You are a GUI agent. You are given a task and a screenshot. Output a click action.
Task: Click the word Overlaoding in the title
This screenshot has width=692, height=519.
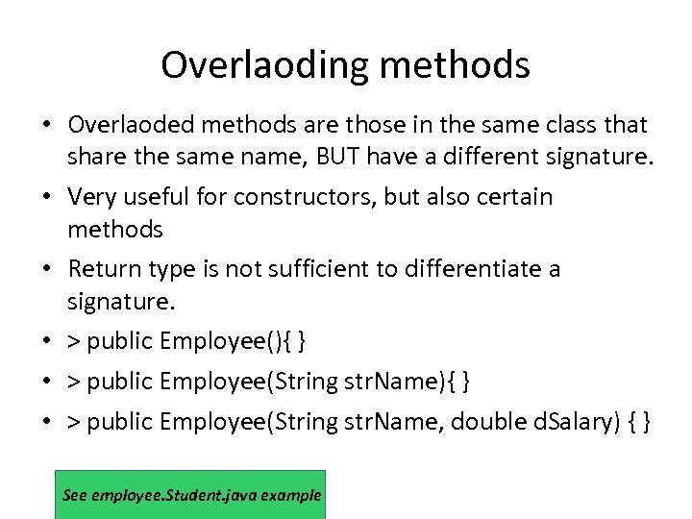pyautogui.click(x=261, y=65)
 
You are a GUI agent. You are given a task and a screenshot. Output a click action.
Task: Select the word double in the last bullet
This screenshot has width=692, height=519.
pyautogui.click(x=486, y=422)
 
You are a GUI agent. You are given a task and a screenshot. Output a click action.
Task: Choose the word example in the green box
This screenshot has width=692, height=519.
pyautogui.click(x=289, y=496)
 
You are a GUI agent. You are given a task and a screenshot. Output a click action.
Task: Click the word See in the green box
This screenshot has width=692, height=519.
pyautogui.click(x=74, y=496)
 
